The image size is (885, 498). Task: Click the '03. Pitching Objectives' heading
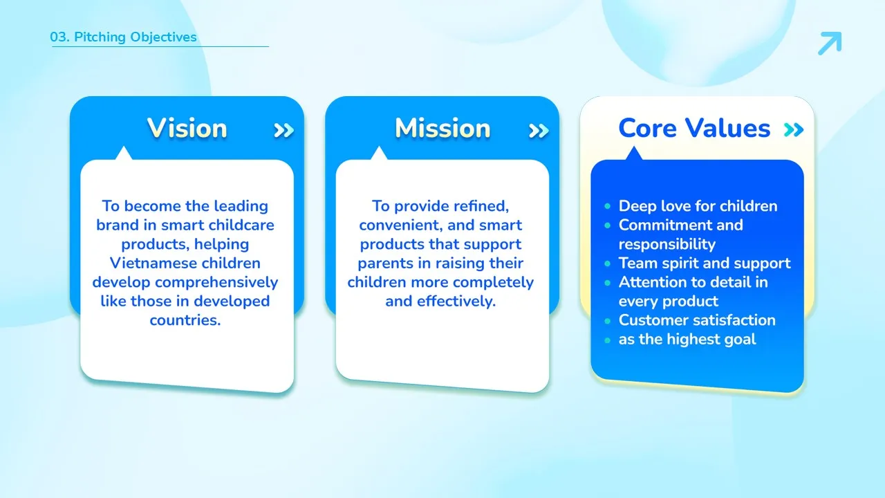123,37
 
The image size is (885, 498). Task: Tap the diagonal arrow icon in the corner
830,43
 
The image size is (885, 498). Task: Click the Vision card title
187,128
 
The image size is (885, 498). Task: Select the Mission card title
442,128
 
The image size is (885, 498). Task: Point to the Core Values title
694,128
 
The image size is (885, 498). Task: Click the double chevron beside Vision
283,130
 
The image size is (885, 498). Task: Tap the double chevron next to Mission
539,131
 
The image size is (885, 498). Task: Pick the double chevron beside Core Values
794,129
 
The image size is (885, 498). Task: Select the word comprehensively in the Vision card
216,283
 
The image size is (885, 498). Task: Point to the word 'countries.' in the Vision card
185,320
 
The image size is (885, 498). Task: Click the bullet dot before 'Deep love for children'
608,206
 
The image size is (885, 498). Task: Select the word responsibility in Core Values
667,245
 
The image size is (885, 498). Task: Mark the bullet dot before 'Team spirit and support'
608,264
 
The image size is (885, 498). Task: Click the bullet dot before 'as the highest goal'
608,340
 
